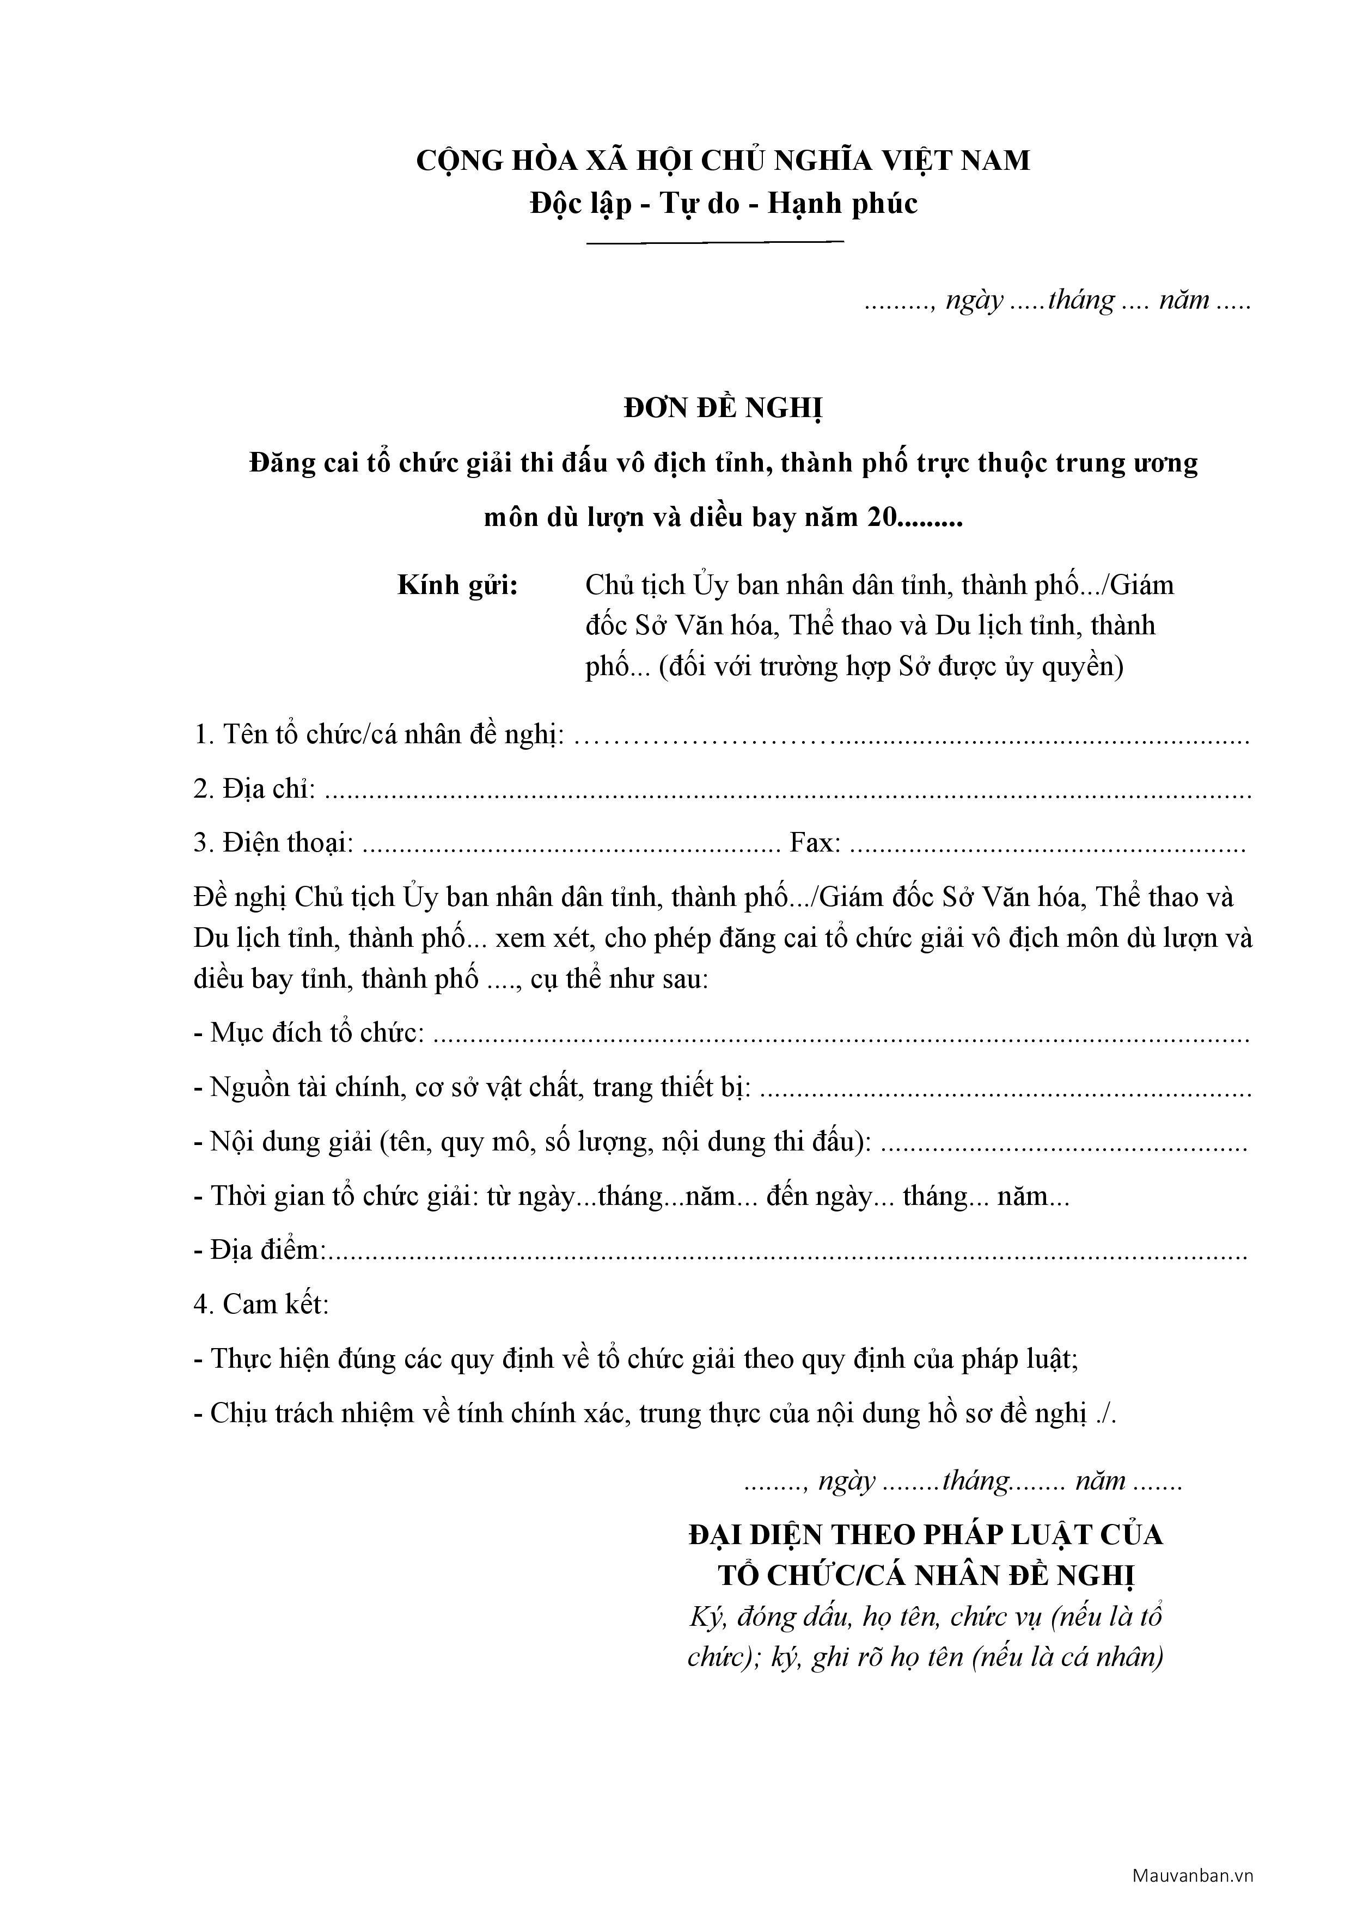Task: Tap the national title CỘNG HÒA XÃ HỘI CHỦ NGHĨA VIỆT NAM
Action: pyautogui.click(x=723, y=161)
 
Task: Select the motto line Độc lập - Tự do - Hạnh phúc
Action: pyautogui.click(x=723, y=203)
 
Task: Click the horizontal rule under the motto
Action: pyautogui.click(x=716, y=243)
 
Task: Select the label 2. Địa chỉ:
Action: pyautogui.click(x=254, y=788)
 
